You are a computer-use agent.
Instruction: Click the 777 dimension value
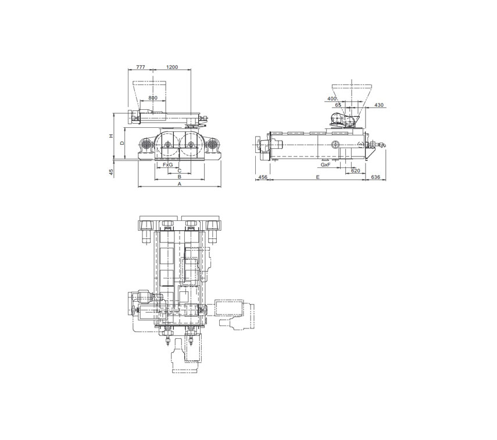141,67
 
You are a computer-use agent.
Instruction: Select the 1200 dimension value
172,67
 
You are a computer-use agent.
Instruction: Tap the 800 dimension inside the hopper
153,98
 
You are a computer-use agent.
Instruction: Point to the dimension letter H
111,135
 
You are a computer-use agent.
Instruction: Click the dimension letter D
122,143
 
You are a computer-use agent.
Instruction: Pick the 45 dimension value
111,172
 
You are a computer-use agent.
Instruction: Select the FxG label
167,165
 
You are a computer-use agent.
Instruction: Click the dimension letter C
179,170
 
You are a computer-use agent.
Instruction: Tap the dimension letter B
179,177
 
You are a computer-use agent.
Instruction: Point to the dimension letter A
179,184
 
